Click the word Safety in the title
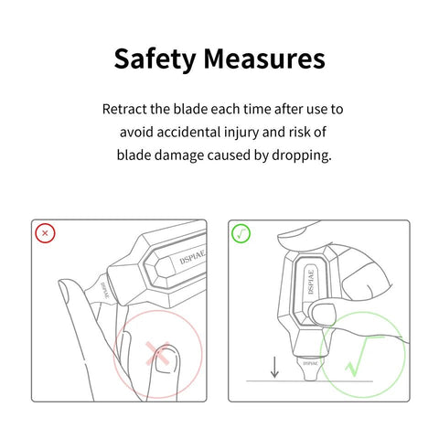tap(155, 59)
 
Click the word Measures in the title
tap(264, 59)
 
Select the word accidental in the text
tap(188, 132)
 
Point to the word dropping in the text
tap(301, 155)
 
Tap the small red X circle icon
tap(45, 233)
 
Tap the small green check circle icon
tap(241, 234)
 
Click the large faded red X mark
tap(157, 354)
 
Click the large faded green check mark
tap(358, 357)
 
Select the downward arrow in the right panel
tap(274, 368)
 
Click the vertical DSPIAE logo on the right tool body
tap(311, 282)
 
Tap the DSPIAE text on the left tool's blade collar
tap(105, 290)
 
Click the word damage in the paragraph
tap(180, 155)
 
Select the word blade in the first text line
tap(190, 109)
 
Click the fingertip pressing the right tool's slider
tap(323, 315)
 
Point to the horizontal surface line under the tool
tap(309, 381)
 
